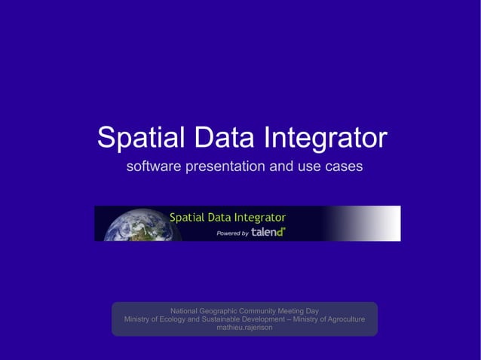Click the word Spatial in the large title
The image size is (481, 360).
pos(141,138)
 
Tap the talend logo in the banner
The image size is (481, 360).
pos(268,232)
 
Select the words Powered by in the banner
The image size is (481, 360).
pos(232,233)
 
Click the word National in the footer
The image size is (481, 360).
pos(185,310)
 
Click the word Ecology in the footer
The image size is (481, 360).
pos(170,319)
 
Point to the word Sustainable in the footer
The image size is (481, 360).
pos(226,319)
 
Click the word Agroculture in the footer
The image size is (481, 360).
pos(345,319)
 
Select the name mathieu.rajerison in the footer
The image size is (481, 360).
pos(245,328)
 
